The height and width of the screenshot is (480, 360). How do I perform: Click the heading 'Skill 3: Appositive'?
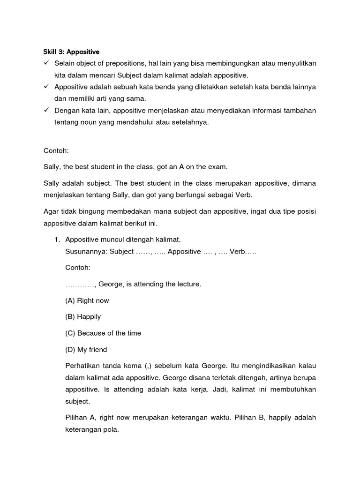point(68,52)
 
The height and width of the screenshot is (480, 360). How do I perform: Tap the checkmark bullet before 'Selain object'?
point(46,63)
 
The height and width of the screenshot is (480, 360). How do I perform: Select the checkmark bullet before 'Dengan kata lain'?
point(46,111)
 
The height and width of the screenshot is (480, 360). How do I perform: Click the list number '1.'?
point(57,240)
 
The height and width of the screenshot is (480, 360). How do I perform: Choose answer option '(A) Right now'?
point(87,300)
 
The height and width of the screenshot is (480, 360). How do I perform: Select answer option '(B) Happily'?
point(83,317)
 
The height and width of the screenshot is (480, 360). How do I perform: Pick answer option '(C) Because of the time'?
point(103,333)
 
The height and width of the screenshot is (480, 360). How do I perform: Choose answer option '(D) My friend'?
point(86,350)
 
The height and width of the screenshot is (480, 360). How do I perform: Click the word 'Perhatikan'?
point(83,365)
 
